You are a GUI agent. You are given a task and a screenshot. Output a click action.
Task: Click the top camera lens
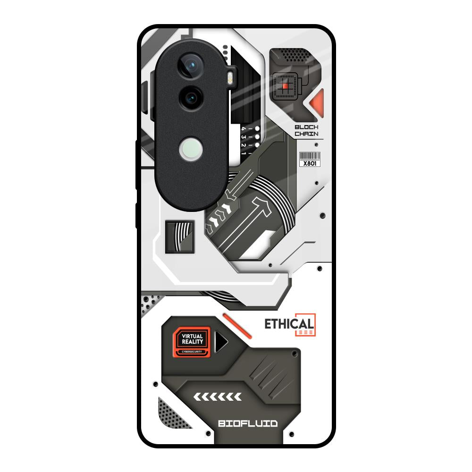point(192,67)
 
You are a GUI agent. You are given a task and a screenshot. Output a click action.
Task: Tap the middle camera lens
point(191,98)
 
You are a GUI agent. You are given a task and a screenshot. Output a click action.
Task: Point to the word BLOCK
point(306,127)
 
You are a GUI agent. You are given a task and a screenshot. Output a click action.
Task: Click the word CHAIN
point(306,134)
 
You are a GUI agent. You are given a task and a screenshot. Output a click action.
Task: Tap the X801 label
point(310,163)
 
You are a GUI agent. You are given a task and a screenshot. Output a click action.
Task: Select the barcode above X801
point(310,156)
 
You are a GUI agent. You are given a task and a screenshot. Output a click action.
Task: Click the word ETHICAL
point(288,324)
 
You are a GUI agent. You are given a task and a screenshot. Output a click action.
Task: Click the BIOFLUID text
point(248,423)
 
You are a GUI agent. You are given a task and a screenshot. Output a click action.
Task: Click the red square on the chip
point(285,86)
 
